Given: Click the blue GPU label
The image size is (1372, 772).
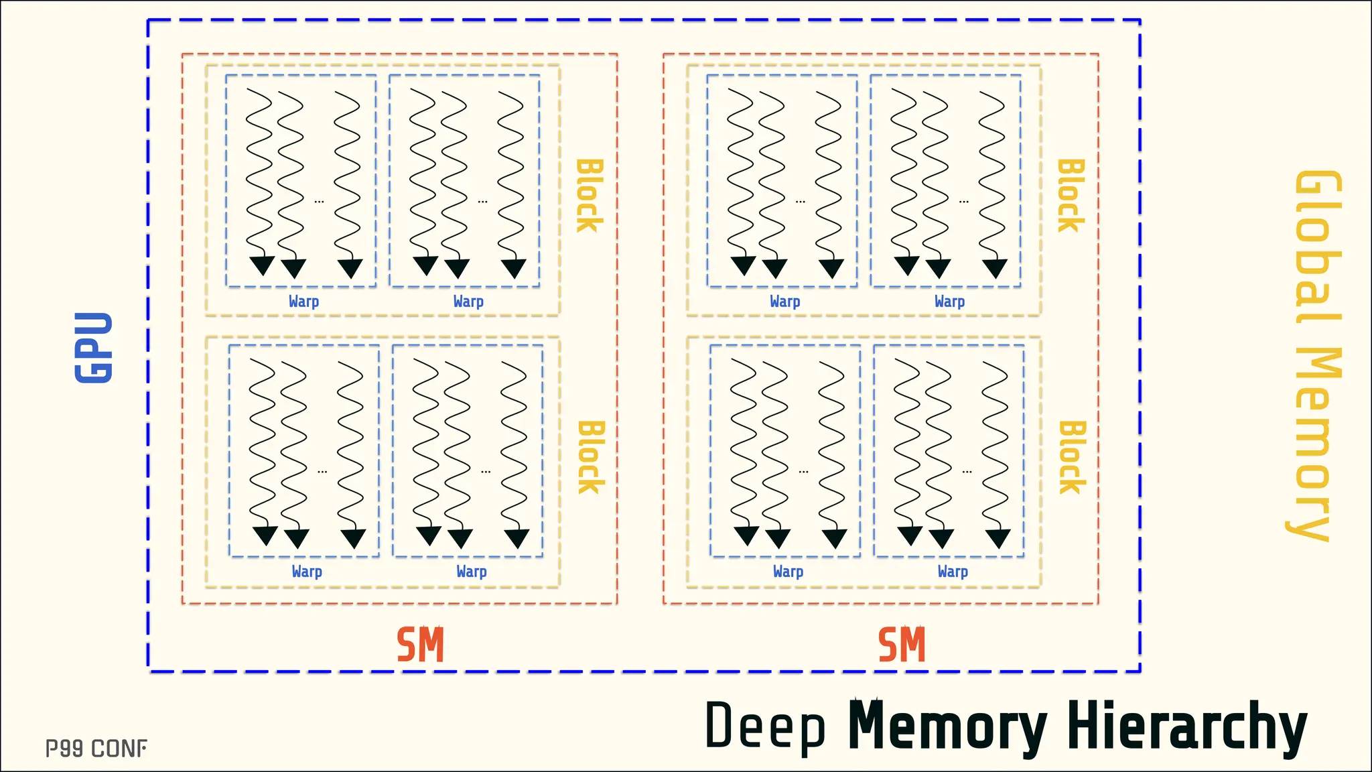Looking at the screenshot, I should click(94, 347).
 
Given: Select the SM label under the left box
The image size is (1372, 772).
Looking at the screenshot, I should click(420, 645).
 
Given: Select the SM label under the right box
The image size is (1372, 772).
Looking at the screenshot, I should click(902, 645).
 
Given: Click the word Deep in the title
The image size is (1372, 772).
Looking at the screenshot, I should click(765, 726).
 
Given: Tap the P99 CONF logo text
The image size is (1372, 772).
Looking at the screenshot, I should click(96, 749).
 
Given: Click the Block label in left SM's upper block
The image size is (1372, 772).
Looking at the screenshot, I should click(590, 196).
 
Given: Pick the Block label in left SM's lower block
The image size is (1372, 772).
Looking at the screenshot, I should click(592, 458).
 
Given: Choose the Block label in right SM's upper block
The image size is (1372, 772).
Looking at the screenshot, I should click(1071, 196).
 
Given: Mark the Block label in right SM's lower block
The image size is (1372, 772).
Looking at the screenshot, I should click(1072, 458).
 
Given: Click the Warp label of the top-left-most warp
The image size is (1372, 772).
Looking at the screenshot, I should click(303, 302).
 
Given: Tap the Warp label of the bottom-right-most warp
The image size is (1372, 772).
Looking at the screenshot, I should click(953, 572).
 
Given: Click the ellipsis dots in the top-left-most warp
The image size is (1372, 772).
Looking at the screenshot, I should click(319, 201).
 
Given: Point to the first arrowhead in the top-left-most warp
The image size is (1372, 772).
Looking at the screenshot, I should click(262, 265).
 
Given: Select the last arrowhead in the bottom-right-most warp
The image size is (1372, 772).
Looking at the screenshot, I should click(998, 538).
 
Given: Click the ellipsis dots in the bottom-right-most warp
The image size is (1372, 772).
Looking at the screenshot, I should click(967, 472).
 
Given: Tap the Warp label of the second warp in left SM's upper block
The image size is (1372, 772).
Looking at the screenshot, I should click(468, 302).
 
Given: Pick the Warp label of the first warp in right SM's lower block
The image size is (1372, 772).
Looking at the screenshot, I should click(788, 572).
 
